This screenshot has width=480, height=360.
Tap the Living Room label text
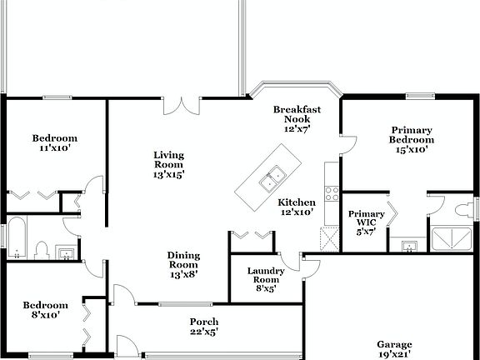[x=168, y=164]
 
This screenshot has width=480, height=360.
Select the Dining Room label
[x=183, y=264]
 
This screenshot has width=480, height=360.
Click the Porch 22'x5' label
[x=204, y=327]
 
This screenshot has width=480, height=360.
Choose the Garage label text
[x=394, y=347]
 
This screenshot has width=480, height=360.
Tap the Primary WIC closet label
[x=367, y=222]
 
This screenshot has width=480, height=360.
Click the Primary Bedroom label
[x=412, y=139]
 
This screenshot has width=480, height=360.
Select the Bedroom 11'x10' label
[x=55, y=142]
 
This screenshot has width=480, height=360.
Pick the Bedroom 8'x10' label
[x=45, y=310]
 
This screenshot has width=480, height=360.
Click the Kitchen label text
[x=297, y=207]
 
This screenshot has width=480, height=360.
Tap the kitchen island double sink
[x=272, y=177]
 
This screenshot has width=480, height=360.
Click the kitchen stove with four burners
[x=331, y=193]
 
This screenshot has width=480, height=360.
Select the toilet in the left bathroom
[x=39, y=249]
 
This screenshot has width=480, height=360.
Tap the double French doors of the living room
[x=182, y=105]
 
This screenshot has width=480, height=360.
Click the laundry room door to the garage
[x=310, y=266]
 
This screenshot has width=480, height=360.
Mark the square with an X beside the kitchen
[x=328, y=239]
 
